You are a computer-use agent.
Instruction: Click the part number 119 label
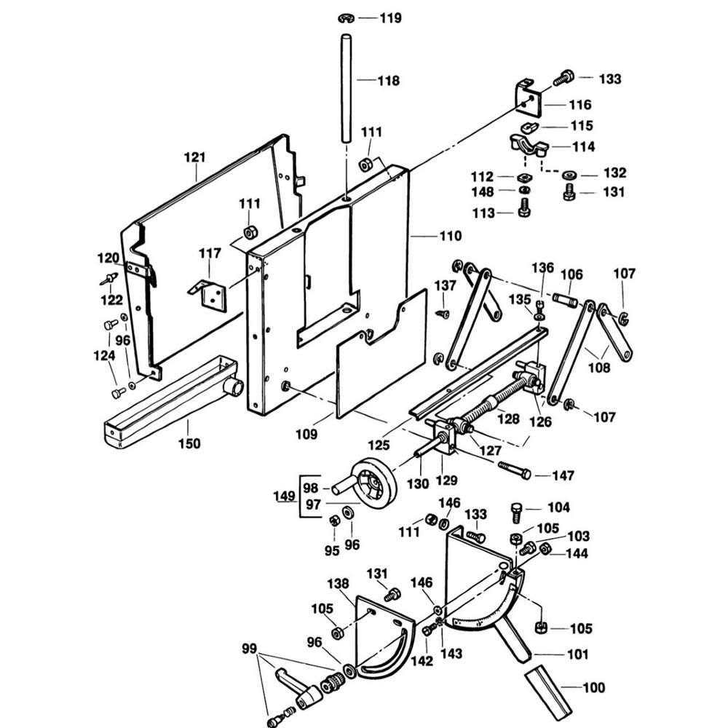(x=390, y=18)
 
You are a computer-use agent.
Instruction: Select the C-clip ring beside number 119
(x=346, y=19)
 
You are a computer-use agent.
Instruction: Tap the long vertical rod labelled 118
(x=346, y=88)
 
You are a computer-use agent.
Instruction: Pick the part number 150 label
(x=189, y=443)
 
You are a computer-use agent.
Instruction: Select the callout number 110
(x=451, y=236)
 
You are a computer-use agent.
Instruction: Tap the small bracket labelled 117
(x=208, y=294)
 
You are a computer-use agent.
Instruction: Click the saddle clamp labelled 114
(x=529, y=146)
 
